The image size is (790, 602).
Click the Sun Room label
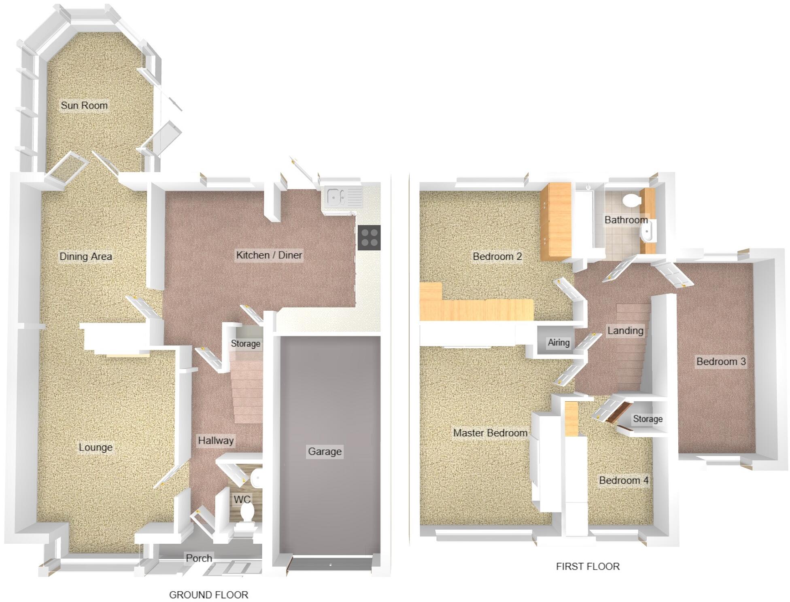tap(84, 106)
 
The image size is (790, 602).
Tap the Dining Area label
tap(86, 256)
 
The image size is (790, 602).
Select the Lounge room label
tap(96, 447)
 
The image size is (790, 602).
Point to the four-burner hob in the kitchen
tap(369, 237)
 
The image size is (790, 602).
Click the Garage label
tap(325, 451)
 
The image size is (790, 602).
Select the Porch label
tap(199, 558)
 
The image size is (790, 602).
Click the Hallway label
tap(216, 441)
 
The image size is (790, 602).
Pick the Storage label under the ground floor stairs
tap(246, 344)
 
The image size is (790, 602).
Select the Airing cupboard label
tap(559, 343)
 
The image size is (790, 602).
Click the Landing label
tap(625, 331)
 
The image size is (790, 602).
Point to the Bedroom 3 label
tap(721, 362)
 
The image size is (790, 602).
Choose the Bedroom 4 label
tap(624, 481)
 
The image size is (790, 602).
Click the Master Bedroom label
tap(490, 433)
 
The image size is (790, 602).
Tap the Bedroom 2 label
tap(497, 256)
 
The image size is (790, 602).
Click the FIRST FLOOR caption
tap(588, 567)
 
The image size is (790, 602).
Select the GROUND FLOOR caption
tap(208, 595)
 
